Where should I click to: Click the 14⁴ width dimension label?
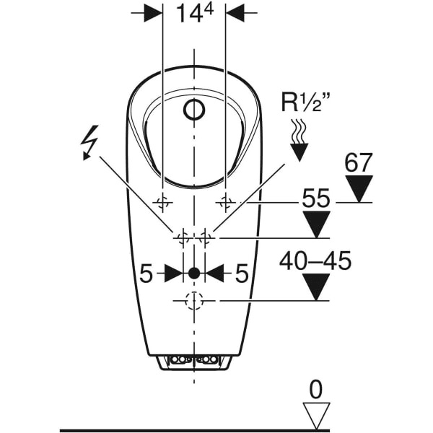click(194, 14)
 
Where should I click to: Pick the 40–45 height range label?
click(315, 261)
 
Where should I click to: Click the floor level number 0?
click(315, 390)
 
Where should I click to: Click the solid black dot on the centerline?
click(193, 273)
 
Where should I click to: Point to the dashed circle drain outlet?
click(193, 301)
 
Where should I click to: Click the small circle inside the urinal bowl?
click(194, 110)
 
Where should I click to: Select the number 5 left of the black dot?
click(146, 273)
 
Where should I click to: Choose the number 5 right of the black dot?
click(241, 273)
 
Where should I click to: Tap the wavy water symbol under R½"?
click(297, 132)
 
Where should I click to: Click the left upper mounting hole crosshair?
click(162, 201)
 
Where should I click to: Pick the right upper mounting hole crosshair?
click(226, 201)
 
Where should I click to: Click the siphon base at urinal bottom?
click(193, 361)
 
